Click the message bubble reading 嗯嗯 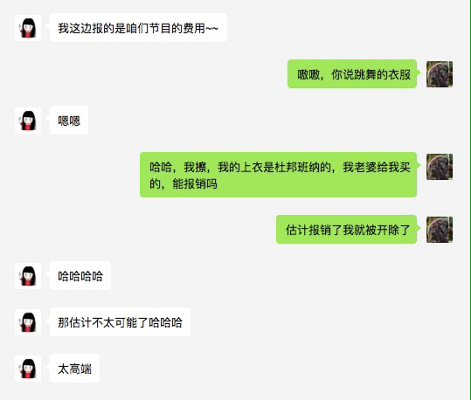[x=69, y=121]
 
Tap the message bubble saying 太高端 [x=74, y=369]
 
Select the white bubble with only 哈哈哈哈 [x=80, y=276]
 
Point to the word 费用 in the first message [x=194, y=28]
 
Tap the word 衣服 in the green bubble [x=399, y=74]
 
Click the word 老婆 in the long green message [x=365, y=168]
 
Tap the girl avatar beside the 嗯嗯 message [x=28, y=121]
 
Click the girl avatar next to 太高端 [x=28, y=369]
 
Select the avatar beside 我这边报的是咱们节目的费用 [x=28, y=28]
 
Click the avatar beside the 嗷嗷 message [x=440, y=74]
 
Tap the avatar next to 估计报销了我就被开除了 [x=440, y=230]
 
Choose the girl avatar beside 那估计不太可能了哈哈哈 [x=28, y=322]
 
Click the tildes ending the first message [x=212, y=29]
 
